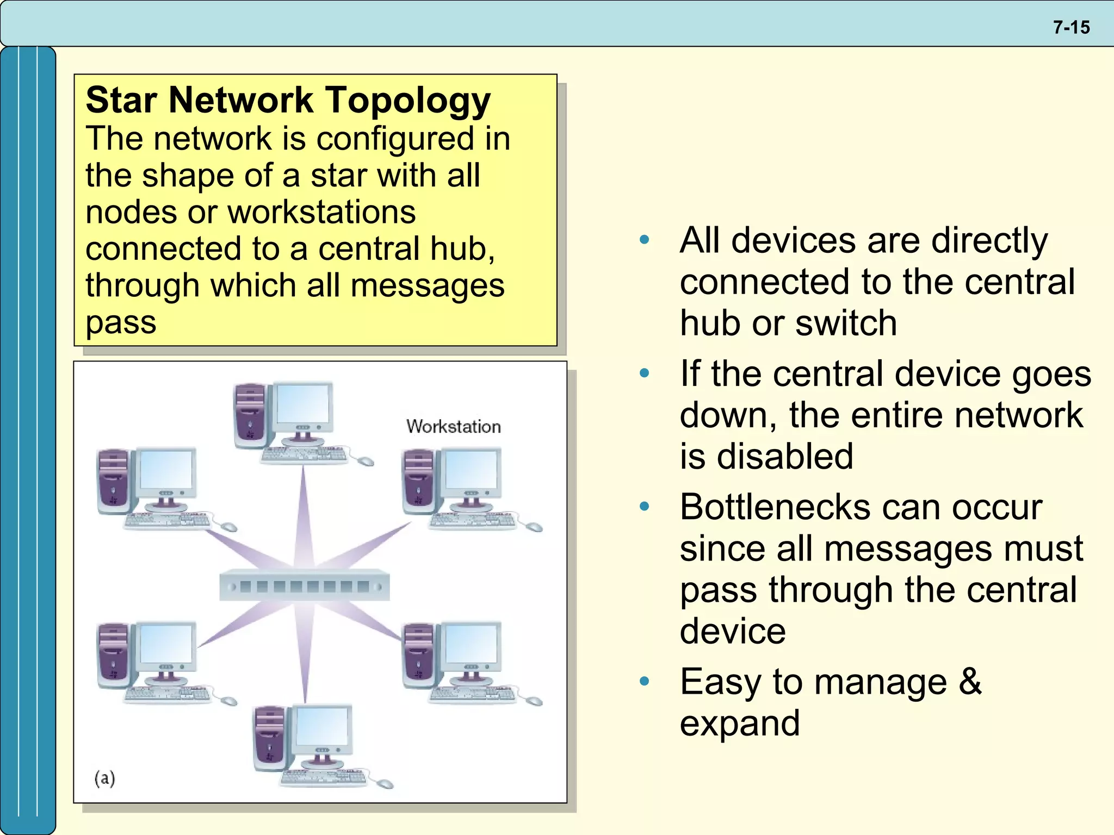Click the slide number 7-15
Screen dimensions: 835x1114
[1071, 27]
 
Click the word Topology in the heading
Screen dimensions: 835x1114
[408, 102]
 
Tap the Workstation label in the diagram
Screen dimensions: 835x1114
[453, 426]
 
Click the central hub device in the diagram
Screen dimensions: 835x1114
[305, 585]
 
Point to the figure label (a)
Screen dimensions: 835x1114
[105, 778]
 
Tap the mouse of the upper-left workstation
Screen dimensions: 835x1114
[228, 526]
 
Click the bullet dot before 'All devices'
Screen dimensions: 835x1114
[645, 240]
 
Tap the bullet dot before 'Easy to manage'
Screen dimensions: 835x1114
[645, 681]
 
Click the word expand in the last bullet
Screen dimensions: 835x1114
[740, 724]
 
